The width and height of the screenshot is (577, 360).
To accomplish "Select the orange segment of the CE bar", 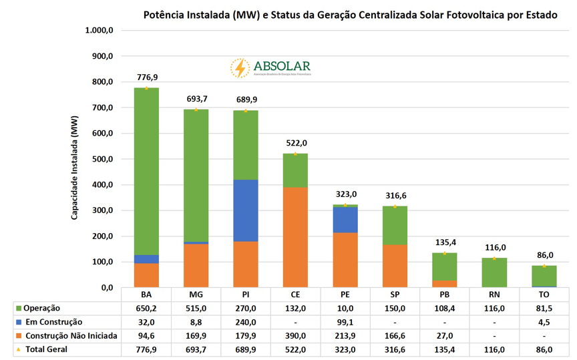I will pos(295,237).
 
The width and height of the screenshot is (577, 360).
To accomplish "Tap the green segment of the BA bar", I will pos(146,171).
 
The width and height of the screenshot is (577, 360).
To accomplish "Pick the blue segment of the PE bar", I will pos(345,220).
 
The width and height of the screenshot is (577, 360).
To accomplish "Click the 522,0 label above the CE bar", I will pos(295,143).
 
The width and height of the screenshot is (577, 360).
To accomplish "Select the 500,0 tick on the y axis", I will pos(103,159).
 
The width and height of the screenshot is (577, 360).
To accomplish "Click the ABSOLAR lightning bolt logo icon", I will pos(240,68).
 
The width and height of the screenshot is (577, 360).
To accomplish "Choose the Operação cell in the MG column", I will pos(196,308).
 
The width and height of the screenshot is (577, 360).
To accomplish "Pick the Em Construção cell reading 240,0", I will pos(245,322).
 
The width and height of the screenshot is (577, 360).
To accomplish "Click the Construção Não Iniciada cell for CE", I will pos(295,335).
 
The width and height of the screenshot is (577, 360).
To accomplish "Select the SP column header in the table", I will pos(395,295).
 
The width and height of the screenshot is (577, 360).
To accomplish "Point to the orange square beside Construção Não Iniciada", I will pos(18,335).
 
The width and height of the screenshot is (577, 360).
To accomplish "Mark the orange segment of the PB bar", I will pos(444,284).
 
